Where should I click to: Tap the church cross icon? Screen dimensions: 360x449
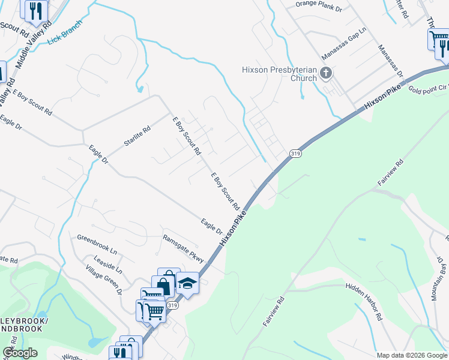click(326, 74)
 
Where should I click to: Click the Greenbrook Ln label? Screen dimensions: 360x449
click(97, 245)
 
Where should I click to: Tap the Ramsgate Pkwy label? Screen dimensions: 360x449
click(184, 248)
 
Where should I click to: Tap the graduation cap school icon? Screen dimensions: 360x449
click(187, 283)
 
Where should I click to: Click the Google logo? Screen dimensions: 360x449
click(20, 353)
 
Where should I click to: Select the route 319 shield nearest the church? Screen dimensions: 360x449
click(295, 154)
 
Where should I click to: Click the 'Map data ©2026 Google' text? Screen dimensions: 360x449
click(411, 355)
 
